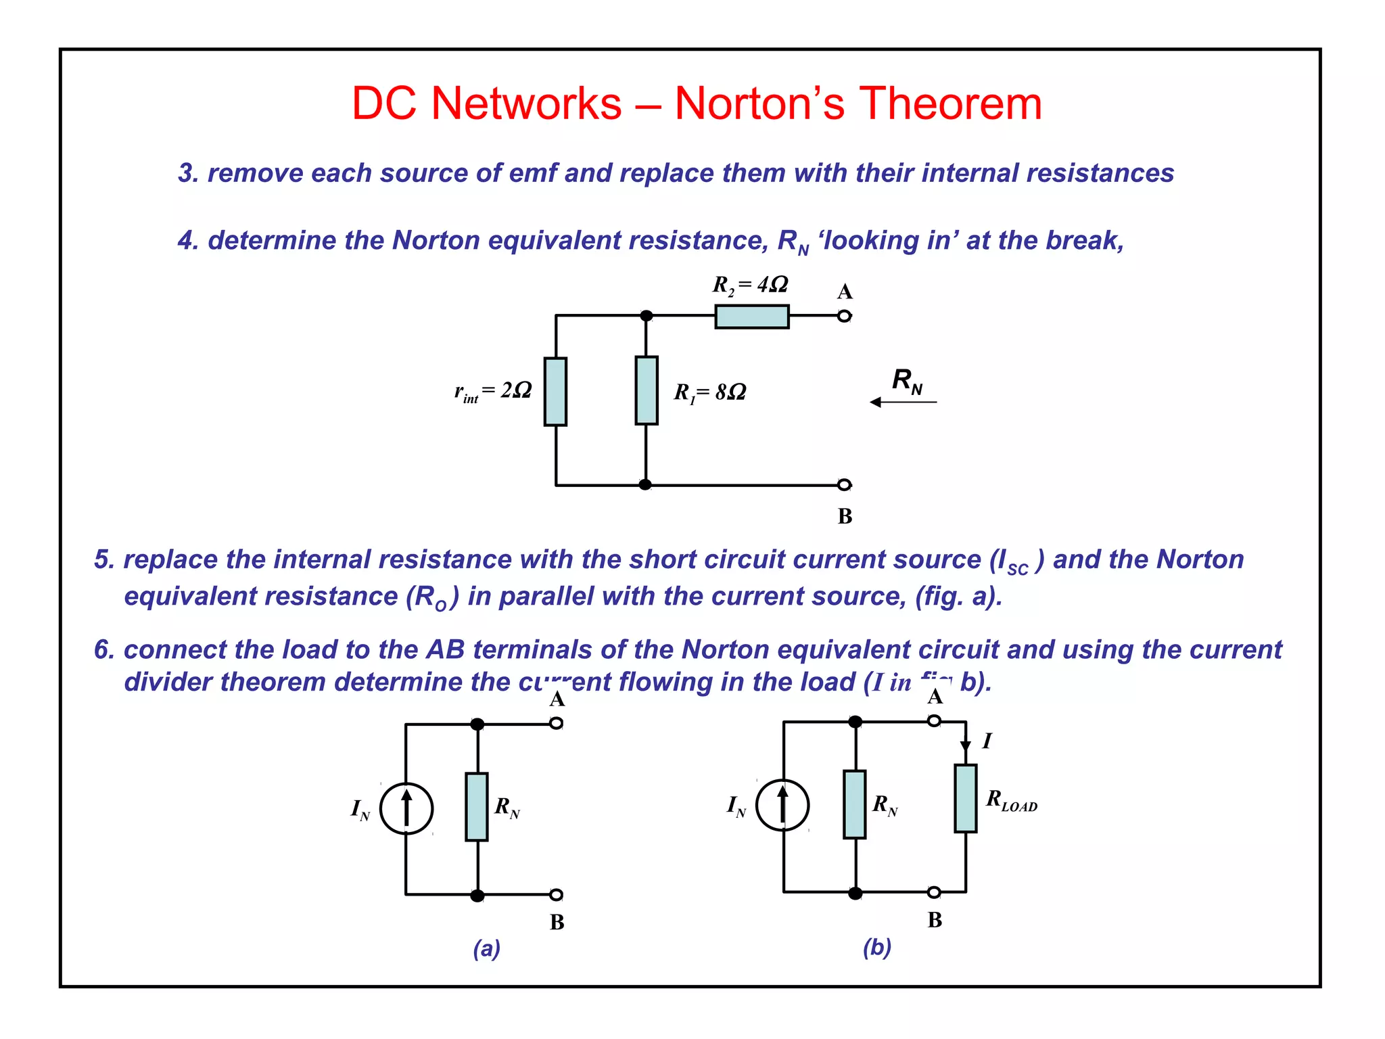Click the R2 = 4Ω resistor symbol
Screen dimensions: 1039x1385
pos(751,317)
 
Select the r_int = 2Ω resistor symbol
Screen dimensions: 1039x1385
pos(555,392)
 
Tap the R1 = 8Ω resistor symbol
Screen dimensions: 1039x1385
pos(647,391)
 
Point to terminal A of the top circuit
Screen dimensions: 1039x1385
pos(844,316)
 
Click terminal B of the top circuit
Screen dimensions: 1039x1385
pos(844,484)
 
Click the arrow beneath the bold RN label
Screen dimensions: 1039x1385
pos(903,402)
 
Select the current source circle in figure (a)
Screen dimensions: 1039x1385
pos(406,808)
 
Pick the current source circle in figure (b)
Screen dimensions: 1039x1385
pos(782,805)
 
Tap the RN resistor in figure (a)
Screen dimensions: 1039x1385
pos(477,807)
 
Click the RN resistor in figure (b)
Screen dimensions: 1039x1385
pos(855,804)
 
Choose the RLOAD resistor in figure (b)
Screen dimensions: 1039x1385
pos(965,799)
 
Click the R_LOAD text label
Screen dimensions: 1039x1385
pos(1011,801)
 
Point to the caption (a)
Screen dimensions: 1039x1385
pos(486,948)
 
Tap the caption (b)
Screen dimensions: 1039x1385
pos(876,947)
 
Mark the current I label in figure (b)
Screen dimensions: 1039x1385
pos(987,741)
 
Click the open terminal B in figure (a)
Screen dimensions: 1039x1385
pos(556,895)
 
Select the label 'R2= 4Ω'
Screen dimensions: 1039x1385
pos(750,285)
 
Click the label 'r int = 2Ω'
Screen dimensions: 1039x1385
pos(493,392)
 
